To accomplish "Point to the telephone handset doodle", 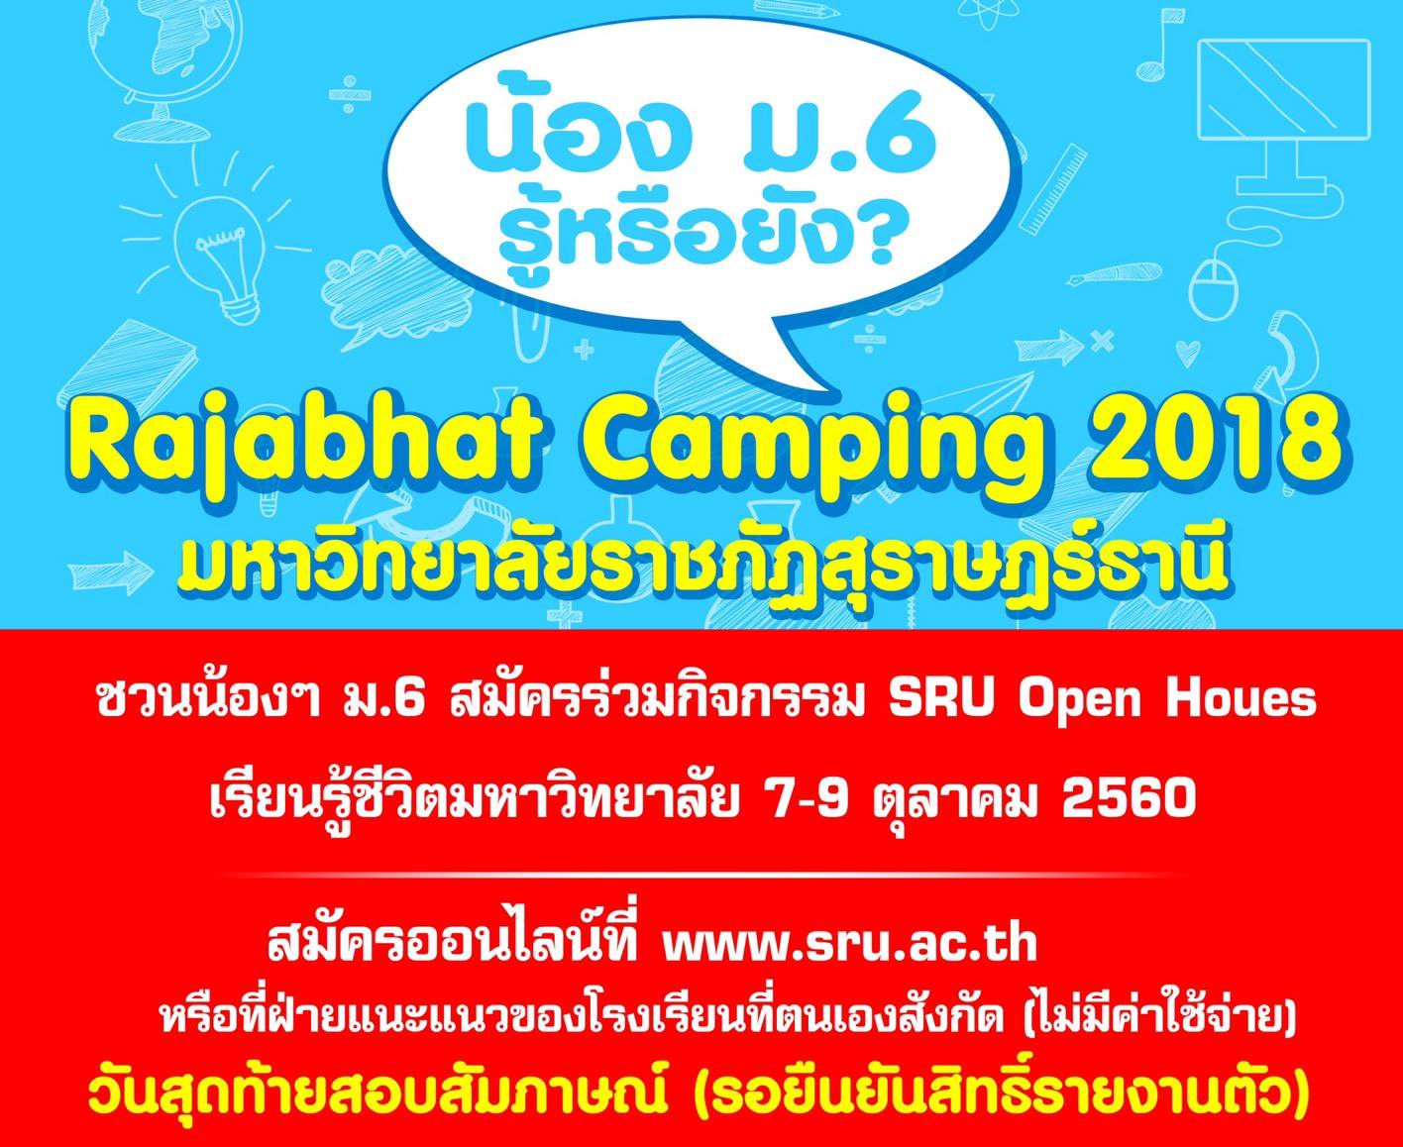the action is [x=1287, y=363].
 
